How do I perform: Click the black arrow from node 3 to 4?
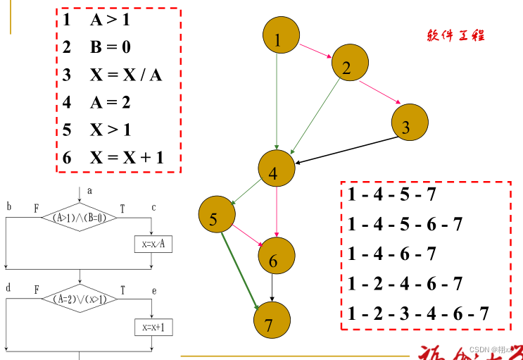coord(345,151)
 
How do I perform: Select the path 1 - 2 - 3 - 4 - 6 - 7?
coord(417,313)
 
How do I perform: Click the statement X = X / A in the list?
coord(113,75)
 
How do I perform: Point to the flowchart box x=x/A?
coord(153,244)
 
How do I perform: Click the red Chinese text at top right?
coord(455,35)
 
